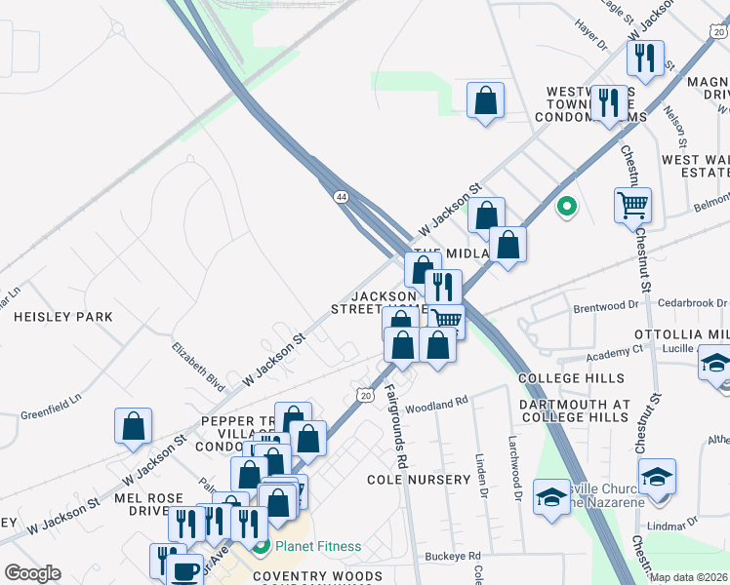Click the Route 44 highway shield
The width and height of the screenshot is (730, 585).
tap(341, 197)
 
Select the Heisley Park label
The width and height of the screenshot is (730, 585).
tap(63, 317)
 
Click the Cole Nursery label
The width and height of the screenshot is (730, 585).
tap(419, 480)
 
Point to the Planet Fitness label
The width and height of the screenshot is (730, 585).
tap(317, 547)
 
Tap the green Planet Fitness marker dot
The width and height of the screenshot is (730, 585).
tap(261, 546)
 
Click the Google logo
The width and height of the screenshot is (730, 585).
tap(32, 573)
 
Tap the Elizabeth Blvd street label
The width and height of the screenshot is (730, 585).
tap(192, 359)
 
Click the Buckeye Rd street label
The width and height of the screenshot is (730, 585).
tap(448, 557)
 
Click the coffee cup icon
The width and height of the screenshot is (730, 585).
tap(184, 570)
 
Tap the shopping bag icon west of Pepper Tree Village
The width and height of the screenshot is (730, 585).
tap(134, 426)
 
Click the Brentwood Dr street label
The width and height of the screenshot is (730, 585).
tap(605, 306)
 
